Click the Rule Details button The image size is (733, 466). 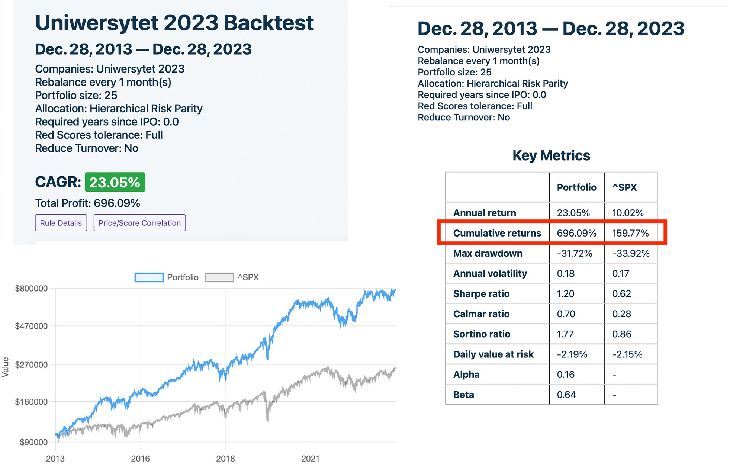pos(61,223)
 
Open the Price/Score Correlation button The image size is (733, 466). pos(139,223)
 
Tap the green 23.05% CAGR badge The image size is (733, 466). pos(115,182)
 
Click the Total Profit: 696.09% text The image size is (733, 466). pos(87,203)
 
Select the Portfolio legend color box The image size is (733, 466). pos(149,277)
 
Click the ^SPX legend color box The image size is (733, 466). pos(219,277)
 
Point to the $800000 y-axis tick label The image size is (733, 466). pos(31,289)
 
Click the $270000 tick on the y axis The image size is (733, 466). pos(31,365)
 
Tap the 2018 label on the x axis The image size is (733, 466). pos(225,459)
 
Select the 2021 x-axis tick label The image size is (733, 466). pos(310,459)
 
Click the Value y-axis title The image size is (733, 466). pos(6,367)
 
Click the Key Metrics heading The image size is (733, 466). pos(551,155)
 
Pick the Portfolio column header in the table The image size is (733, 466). pos(576,187)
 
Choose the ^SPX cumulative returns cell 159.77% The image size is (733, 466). pos(630,233)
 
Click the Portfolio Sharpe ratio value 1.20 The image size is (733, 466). pos(565,294)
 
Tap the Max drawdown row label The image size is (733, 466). pos(488,253)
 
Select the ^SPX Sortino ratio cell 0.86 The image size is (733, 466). pos(621,334)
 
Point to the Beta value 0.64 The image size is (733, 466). pos(566,395)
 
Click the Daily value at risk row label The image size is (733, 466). pos(493,354)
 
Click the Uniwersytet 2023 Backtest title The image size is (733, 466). pos(174,23)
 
